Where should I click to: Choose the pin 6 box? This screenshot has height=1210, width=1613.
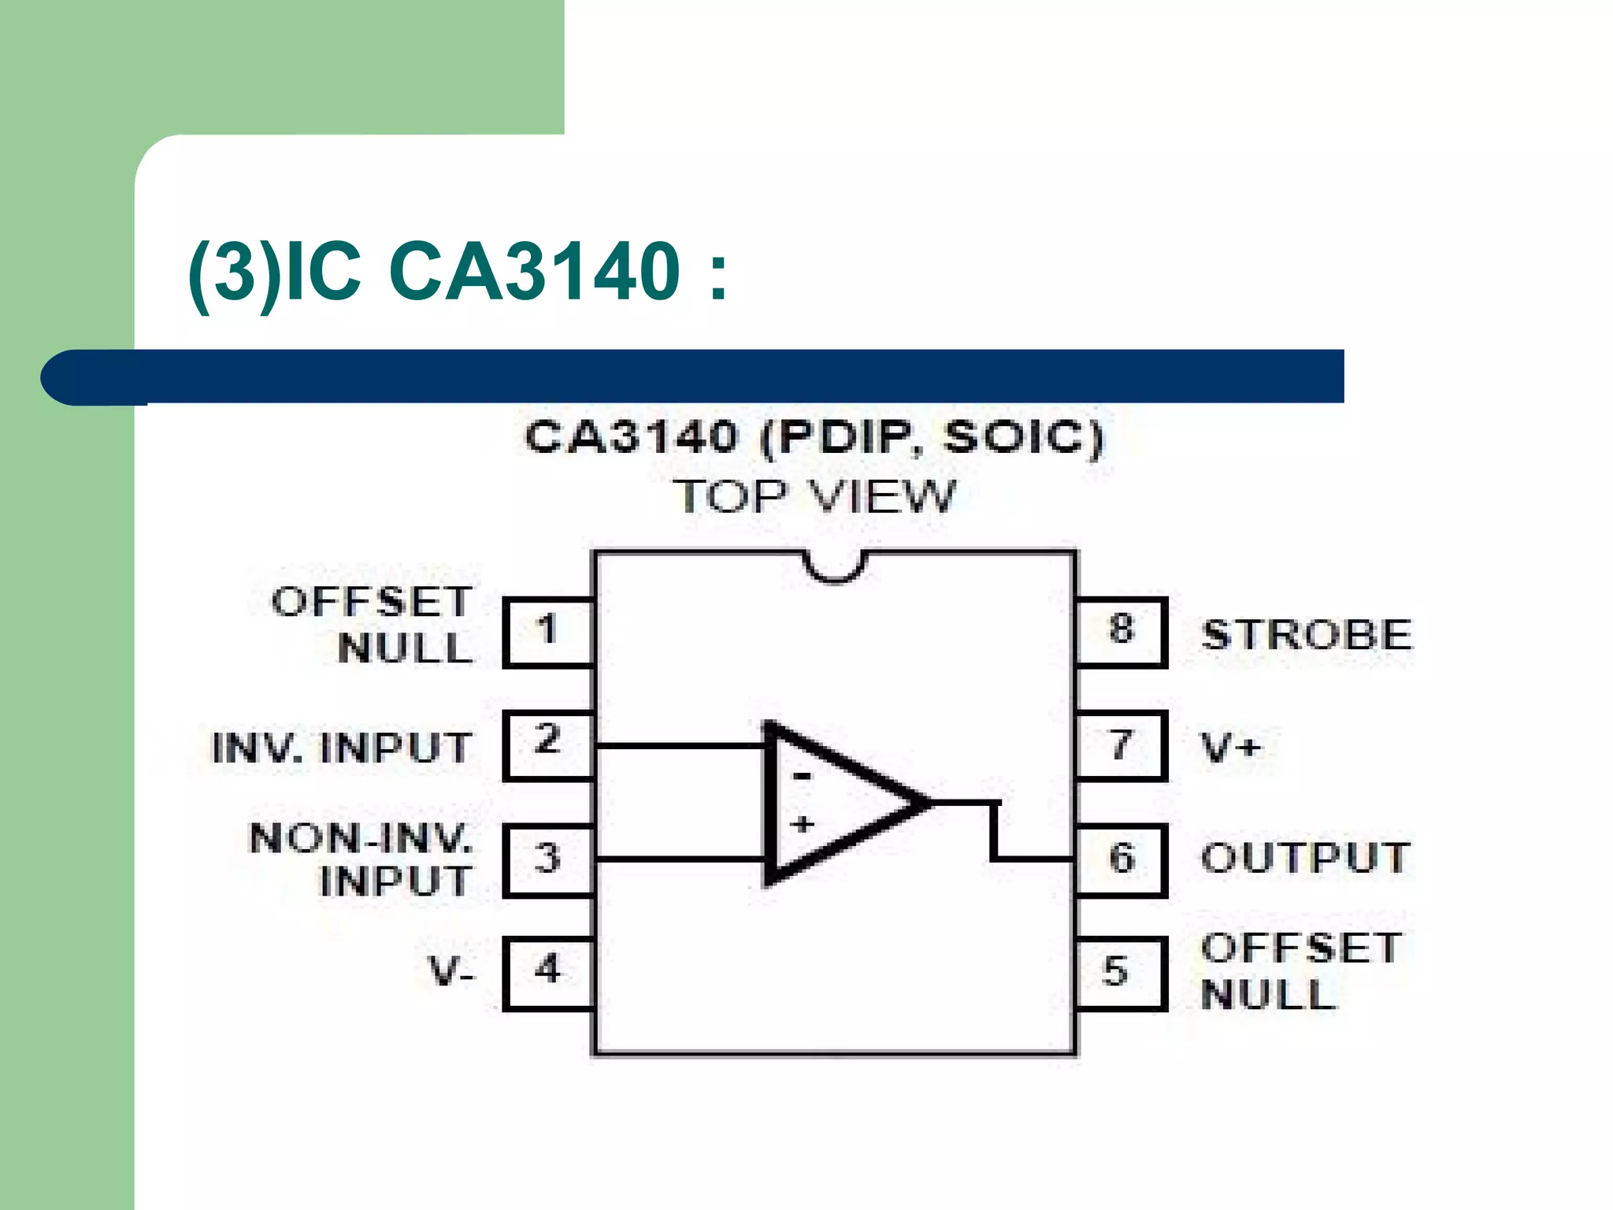1119,859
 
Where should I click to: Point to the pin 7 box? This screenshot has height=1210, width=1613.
1119,745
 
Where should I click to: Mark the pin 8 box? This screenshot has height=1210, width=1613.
1119,633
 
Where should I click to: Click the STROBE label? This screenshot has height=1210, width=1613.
1307,635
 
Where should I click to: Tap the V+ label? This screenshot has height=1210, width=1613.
1231,747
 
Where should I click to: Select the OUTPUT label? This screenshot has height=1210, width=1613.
1305,858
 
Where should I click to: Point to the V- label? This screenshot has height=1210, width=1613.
451,971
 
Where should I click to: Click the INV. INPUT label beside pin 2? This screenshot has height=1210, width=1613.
342,748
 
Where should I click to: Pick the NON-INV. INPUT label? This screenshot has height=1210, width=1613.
362,859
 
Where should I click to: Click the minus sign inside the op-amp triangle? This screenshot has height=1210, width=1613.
802,777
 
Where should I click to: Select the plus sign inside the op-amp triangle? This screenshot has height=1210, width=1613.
803,825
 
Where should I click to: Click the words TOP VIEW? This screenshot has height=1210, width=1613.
814,497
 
